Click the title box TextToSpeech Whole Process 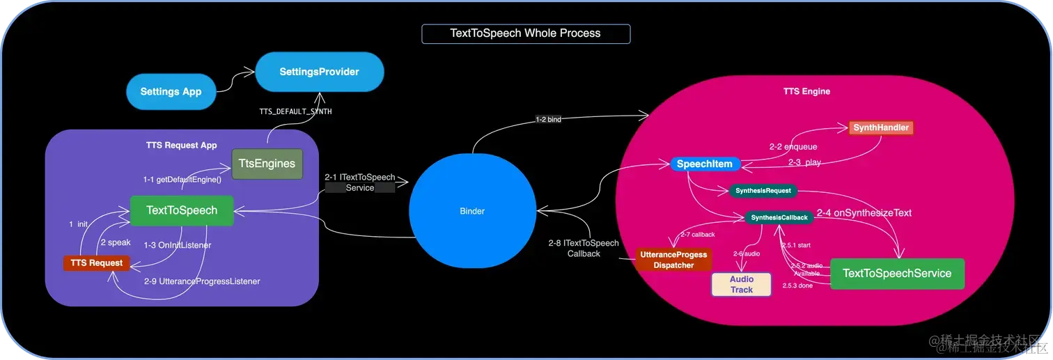(526, 33)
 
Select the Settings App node (171, 91)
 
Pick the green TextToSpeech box (181, 210)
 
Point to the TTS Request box (96, 263)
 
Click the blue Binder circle (472, 211)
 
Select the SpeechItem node (704, 165)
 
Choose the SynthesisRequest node (763, 191)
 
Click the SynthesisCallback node (779, 218)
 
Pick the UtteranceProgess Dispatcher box (673, 260)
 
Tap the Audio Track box (741, 284)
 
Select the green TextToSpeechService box (896, 274)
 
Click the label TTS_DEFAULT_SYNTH (295, 111)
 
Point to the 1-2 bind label (548, 119)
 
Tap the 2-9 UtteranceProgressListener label (202, 281)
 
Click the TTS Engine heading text (806, 91)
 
